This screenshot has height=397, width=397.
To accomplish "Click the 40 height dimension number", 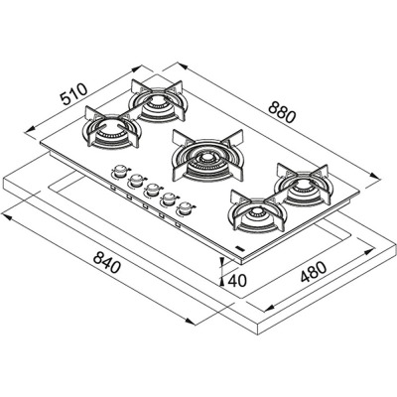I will pyautogui.click(x=237, y=281).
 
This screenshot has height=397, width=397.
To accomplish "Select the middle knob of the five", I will pyautogui.click(x=151, y=190).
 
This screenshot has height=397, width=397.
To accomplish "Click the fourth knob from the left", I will pyautogui.click(x=168, y=198).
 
